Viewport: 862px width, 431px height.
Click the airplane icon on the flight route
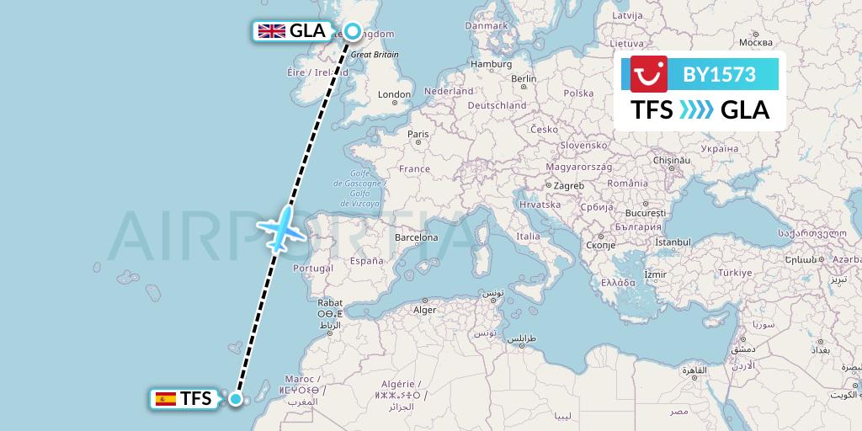(x=284, y=227)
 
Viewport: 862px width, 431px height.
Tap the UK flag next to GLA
(x=271, y=31)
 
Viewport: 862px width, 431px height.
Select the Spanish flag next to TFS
(x=165, y=399)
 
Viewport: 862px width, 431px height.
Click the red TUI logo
(x=648, y=73)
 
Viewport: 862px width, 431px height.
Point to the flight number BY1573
(x=719, y=74)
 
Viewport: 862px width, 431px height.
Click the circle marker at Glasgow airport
(x=353, y=32)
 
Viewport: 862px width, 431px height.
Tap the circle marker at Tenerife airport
(x=237, y=400)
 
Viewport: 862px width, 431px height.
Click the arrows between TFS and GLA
(x=696, y=109)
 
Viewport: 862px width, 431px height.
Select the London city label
(x=394, y=95)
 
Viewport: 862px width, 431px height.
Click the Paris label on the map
(x=418, y=134)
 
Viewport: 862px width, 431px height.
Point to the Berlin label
(x=524, y=79)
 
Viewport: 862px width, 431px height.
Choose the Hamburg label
(x=492, y=64)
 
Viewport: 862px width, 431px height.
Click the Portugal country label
(x=312, y=268)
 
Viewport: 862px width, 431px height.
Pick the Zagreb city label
(x=567, y=185)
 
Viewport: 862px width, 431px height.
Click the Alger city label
(x=423, y=310)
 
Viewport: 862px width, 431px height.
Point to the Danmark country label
(x=487, y=25)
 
